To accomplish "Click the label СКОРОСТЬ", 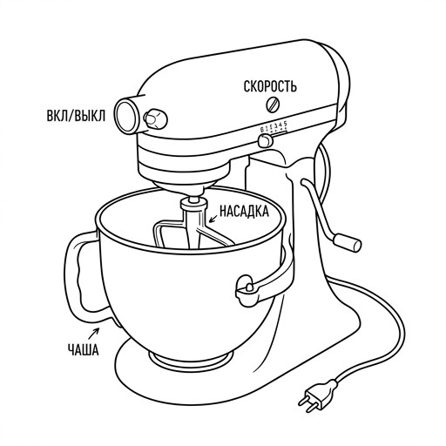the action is tap(270, 86).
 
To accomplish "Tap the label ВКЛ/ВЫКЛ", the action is tap(76, 116).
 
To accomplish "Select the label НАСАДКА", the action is tap(244, 211).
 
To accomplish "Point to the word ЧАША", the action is tap(84, 349).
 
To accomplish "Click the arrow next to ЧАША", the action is tap(94, 333).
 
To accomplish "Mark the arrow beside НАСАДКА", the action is tap(213, 219).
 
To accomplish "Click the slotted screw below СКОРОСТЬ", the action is tap(273, 105).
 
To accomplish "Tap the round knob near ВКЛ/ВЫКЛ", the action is tap(155, 118).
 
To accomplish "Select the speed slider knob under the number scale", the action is tap(265, 141).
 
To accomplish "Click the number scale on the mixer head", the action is tap(274, 127).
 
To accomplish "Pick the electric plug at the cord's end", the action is tap(318, 395).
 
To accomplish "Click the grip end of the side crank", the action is tap(348, 242).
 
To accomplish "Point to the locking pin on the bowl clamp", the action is tap(249, 287).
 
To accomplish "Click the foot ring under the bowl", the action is tap(191, 360).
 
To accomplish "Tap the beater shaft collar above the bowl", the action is tap(194, 204).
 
